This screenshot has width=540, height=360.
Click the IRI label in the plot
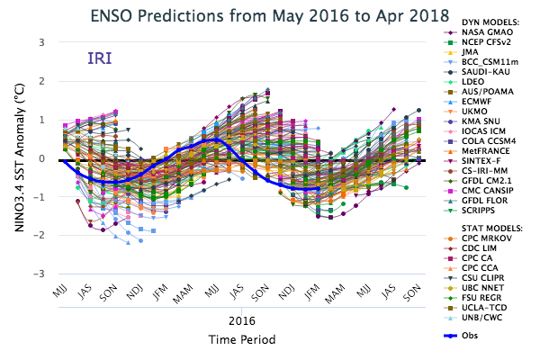[x=100, y=58]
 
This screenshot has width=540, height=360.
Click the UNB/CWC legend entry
[x=475, y=317]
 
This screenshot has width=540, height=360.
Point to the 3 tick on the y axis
[x=41, y=42]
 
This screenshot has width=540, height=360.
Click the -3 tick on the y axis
[x=40, y=274]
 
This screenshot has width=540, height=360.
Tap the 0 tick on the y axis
[x=41, y=158]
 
